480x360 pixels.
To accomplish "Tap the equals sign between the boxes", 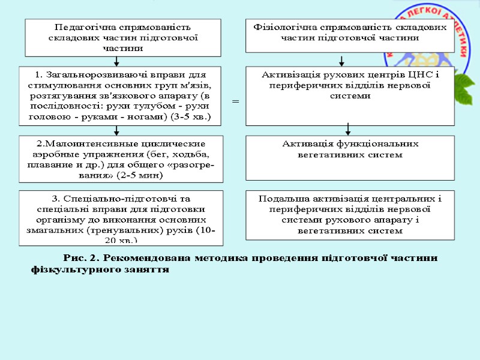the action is click(235, 102).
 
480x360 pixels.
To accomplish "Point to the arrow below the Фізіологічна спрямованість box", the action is click(341, 61).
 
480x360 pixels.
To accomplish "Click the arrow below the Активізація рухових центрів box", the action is click(348, 129).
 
